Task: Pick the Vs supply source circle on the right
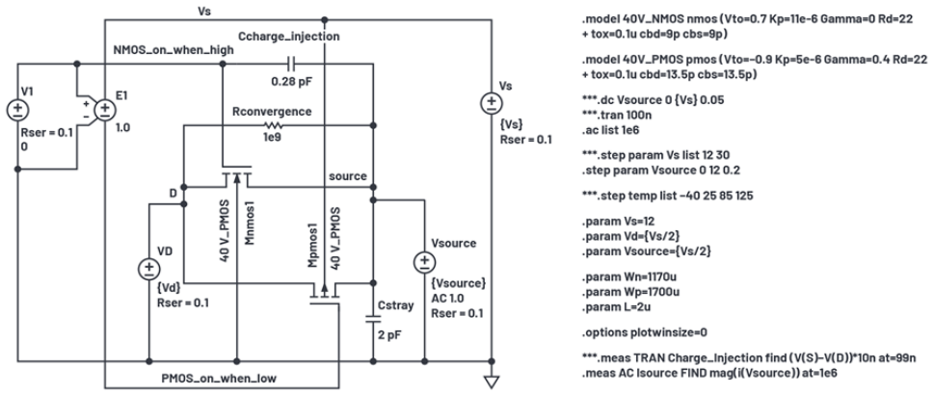pos(491,99)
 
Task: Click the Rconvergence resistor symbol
pos(273,125)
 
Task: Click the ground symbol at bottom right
pos(491,381)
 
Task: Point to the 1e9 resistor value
pos(272,140)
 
